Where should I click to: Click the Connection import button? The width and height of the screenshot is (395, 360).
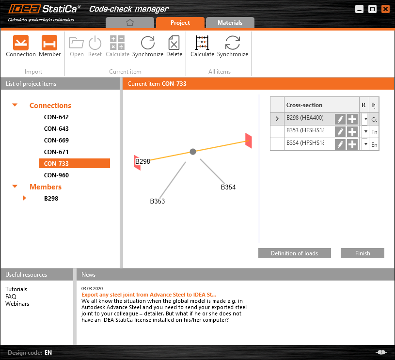(x=21, y=46)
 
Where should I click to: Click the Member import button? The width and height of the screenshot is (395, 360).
(x=49, y=46)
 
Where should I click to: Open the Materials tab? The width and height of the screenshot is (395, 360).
(x=230, y=23)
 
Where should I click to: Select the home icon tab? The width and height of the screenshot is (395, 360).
(x=129, y=23)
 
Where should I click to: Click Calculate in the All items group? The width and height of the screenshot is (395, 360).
(x=202, y=46)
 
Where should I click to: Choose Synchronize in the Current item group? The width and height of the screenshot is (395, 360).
(x=147, y=46)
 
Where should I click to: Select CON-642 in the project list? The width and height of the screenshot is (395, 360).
(x=56, y=117)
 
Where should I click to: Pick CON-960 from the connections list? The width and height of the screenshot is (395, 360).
(x=56, y=175)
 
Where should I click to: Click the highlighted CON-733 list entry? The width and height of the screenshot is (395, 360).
(x=74, y=164)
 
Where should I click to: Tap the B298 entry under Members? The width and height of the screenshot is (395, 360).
(x=51, y=198)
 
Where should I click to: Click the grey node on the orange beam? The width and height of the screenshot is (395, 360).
(x=193, y=152)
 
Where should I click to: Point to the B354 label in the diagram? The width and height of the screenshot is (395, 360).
(x=228, y=187)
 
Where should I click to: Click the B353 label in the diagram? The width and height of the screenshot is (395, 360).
(x=157, y=201)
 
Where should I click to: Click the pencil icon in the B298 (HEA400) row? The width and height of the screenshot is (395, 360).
(x=340, y=119)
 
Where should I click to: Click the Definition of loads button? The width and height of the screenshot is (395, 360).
(x=294, y=253)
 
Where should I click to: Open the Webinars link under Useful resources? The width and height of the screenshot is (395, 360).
(x=17, y=304)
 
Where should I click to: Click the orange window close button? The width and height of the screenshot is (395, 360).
(x=385, y=9)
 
